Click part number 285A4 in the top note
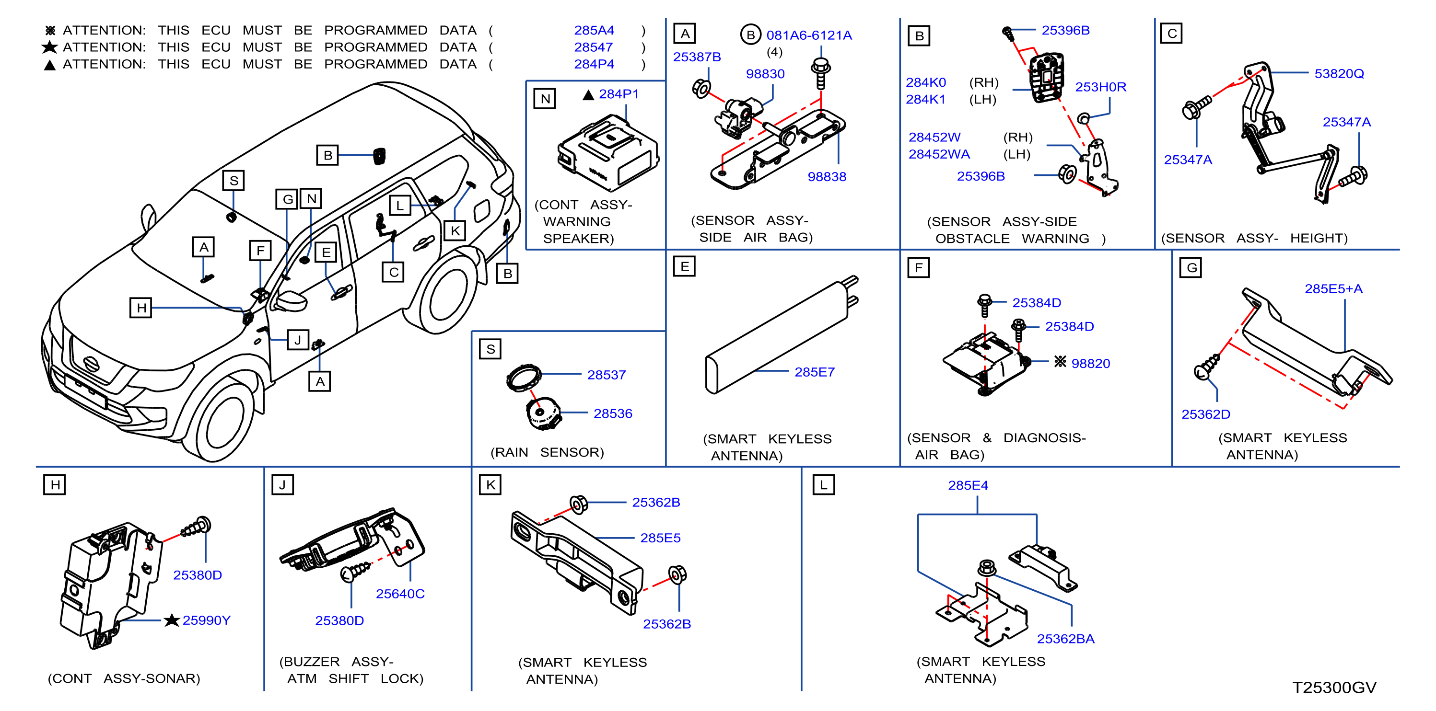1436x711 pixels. [594, 30]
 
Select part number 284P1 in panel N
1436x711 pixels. [618, 94]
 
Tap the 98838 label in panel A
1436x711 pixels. [827, 177]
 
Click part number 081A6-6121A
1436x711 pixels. [809, 35]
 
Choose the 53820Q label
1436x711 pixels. [1339, 74]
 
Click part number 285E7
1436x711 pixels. [815, 372]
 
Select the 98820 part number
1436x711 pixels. [1090, 363]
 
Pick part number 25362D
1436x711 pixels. [1206, 414]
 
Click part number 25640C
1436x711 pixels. [400, 594]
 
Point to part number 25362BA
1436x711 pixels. [1065, 639]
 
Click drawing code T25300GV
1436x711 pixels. [1334, 687]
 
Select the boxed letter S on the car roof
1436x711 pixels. [233, 181]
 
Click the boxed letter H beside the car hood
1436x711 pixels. [141, 307]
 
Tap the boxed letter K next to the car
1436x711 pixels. [455, 230]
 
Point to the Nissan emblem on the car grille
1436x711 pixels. [91, 364]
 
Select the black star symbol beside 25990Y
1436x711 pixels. [172, 619]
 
